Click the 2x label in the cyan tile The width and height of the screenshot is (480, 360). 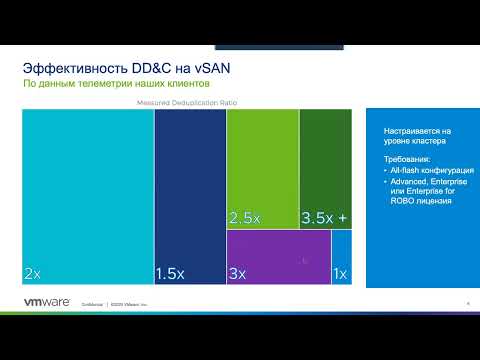[33, 273]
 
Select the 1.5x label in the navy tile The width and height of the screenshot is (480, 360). [171, 273]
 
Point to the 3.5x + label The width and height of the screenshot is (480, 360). [325, 217]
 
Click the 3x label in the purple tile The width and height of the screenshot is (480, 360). [238, 273]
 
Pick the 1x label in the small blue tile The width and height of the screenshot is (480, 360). [340, 273]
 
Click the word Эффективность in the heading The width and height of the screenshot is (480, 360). [69, 67]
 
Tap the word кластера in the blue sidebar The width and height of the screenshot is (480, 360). [425, 142]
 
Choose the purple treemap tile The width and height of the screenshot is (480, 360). [278, 255]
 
